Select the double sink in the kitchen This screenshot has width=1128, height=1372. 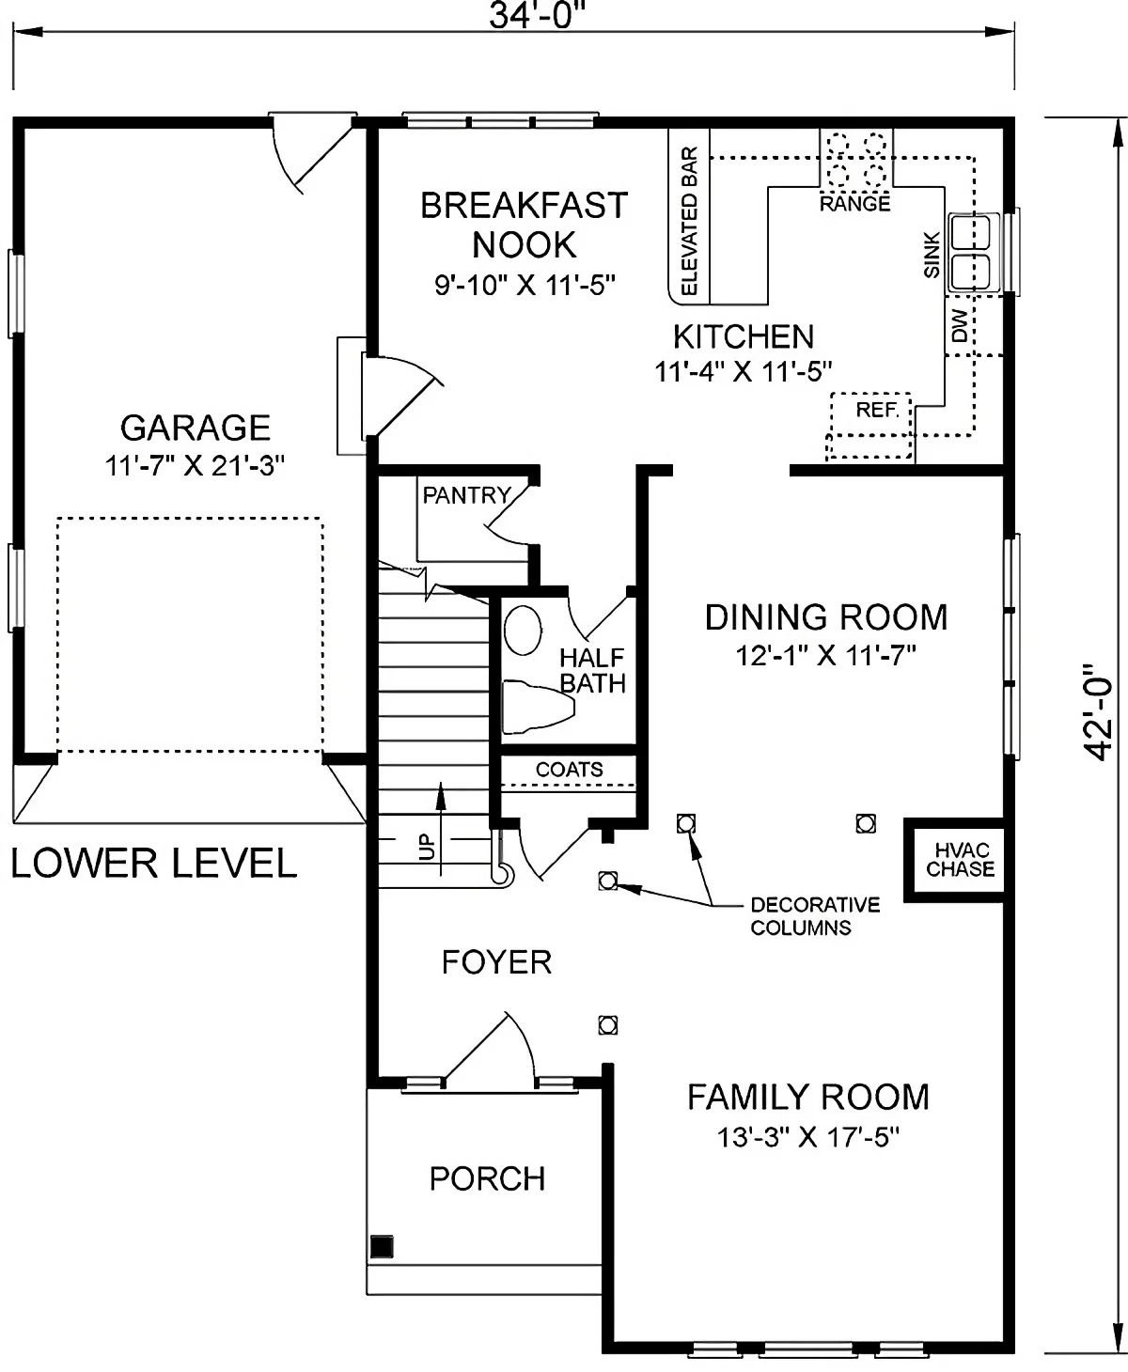click(x=974, y=251)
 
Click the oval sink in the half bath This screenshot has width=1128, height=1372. click(x=523, y=630)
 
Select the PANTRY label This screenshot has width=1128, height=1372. click(x=465, y=495)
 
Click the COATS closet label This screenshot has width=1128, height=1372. click(x=570, y=770)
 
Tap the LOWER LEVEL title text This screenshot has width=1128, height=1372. click(x=154, y=863)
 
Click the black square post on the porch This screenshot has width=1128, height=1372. click(x=382, y=1246)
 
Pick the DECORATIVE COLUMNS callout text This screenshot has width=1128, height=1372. click(x=814, y=916)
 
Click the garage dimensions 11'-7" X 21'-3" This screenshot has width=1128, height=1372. click(x=195, y=466)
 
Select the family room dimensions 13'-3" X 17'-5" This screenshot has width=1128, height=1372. click(x=808, y=1138)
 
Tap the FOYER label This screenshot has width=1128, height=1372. click(x=496, y=962)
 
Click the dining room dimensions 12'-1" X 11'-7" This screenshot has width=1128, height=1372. click(x=825, y=655)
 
